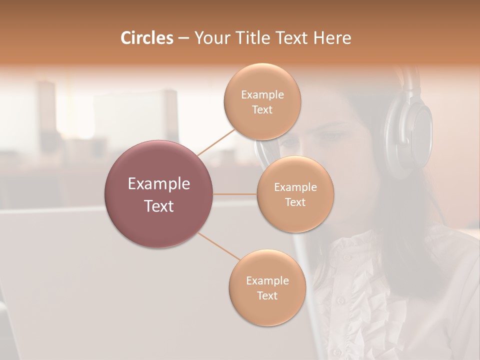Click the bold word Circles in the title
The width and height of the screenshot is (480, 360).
click(x=146, y=38)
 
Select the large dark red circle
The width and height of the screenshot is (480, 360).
click(x=159, y=194)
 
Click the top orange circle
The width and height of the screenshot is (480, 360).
click(x=262, y=101)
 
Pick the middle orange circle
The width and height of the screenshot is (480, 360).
click(x=295, y=194)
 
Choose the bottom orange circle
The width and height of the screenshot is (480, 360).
click(x=267, y=288)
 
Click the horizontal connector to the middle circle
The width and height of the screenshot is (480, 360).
click(x=235, y=194)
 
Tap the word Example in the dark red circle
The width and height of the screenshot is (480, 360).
click(x=159, y=184)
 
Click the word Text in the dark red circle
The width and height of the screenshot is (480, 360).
click(x=159, y=206)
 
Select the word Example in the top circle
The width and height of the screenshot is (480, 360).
click(x=262, y=95)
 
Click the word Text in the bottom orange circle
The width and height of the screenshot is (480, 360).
click(x=267, y=295)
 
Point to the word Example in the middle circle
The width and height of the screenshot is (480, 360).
click(x=295, y=187)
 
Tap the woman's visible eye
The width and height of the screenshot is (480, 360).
click(x=331, y=136)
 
